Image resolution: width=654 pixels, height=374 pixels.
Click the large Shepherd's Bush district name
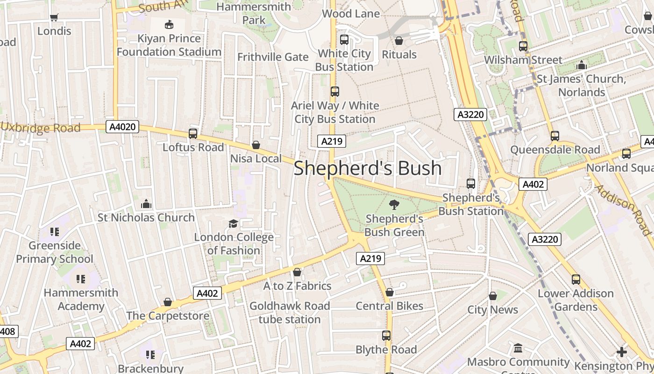368,168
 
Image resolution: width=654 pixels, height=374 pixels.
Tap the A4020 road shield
122,127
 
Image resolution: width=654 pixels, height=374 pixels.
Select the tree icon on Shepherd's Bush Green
394,204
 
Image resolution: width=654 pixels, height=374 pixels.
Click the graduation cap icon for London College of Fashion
233,223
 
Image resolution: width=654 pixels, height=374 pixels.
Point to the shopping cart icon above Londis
54,17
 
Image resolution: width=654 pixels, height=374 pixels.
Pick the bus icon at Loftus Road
193,134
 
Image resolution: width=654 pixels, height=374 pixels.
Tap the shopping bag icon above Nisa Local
256,145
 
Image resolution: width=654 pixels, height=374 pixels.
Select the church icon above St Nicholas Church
146,204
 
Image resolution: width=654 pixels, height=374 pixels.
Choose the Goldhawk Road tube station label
290,313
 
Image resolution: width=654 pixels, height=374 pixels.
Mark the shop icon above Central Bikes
390,292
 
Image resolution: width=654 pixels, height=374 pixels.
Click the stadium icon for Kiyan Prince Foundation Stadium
169,24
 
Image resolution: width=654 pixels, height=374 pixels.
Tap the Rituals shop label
399,55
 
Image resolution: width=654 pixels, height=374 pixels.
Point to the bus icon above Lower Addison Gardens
576,280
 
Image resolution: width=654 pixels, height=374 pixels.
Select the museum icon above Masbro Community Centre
518,348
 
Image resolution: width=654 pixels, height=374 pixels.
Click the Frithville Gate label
273,57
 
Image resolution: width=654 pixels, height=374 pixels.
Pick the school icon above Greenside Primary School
55,231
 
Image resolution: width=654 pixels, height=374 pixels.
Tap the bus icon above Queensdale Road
554,136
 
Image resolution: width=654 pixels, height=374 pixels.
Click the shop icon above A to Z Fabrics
297,272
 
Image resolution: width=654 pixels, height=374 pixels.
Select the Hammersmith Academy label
81,300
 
